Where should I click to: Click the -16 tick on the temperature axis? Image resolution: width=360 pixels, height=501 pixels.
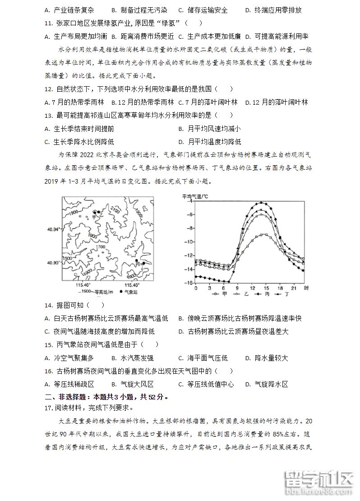[189, 283]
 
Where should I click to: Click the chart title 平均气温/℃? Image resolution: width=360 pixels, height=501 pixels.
[195, 196]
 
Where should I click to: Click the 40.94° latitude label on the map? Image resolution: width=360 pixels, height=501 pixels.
[53, 230]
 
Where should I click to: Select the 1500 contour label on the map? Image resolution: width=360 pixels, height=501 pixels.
[68, 258]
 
